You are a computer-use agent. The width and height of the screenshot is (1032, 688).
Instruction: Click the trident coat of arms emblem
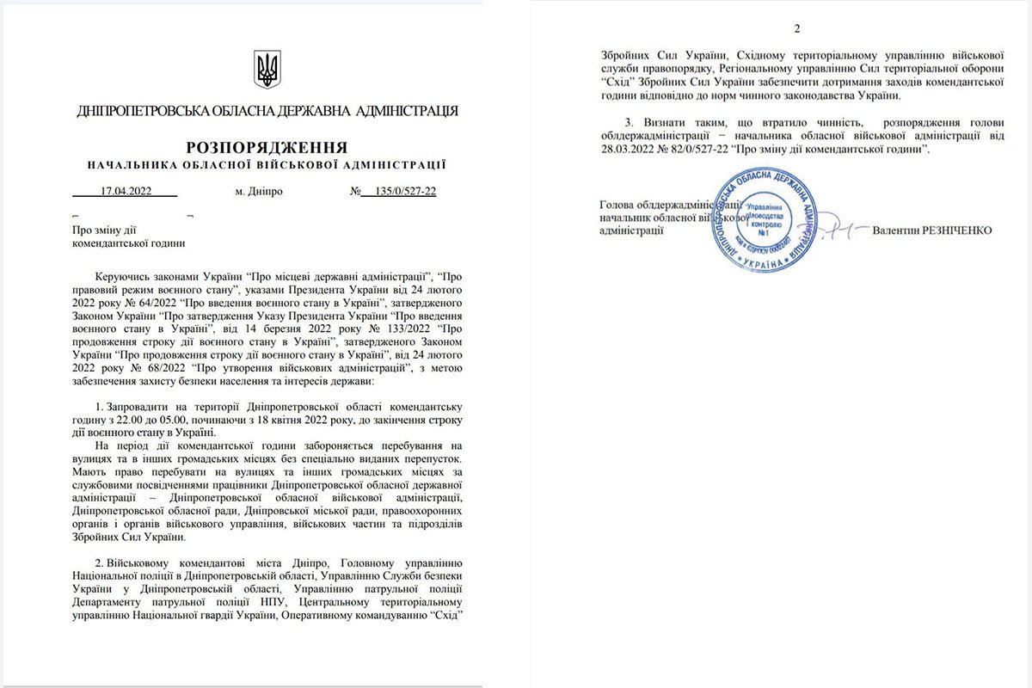click(x=267, y=68)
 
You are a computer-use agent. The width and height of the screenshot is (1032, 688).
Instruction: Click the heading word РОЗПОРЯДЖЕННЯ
click(x=267, y=146)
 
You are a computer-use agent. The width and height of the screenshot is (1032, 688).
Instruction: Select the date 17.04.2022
click(x=126, y=192)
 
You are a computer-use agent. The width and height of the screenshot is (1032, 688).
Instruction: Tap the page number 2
click(x=797, y=29)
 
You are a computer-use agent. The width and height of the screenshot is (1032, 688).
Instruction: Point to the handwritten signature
click(x=826, y=227)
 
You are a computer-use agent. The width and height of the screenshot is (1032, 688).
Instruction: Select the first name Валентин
click(x=894, y=230)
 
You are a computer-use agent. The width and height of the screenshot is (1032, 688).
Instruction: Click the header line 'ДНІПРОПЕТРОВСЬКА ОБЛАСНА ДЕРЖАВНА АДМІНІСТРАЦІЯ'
click(x=267, y=111)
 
